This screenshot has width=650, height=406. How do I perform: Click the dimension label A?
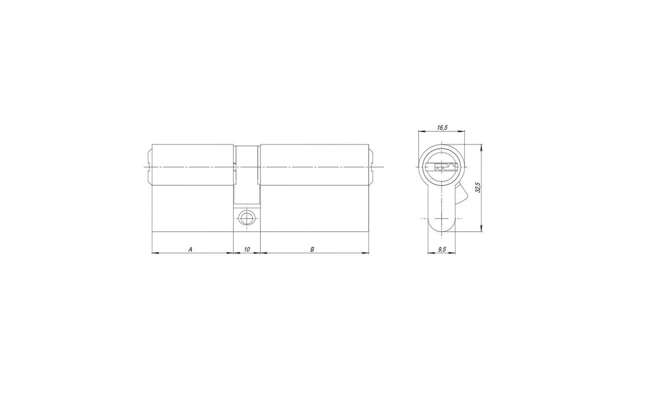coord(190,249)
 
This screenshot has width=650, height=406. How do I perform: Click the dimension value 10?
coord(247,249)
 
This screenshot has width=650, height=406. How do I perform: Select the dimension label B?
coord(312,249)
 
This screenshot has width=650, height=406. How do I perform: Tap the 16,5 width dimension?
coord(442,128)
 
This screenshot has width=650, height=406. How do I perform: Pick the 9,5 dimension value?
coord(442,249)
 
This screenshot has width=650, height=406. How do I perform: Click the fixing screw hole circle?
coord(246,218)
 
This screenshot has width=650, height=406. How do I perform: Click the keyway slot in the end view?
coord(441,167)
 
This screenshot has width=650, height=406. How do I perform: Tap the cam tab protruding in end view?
coord(461,194)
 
